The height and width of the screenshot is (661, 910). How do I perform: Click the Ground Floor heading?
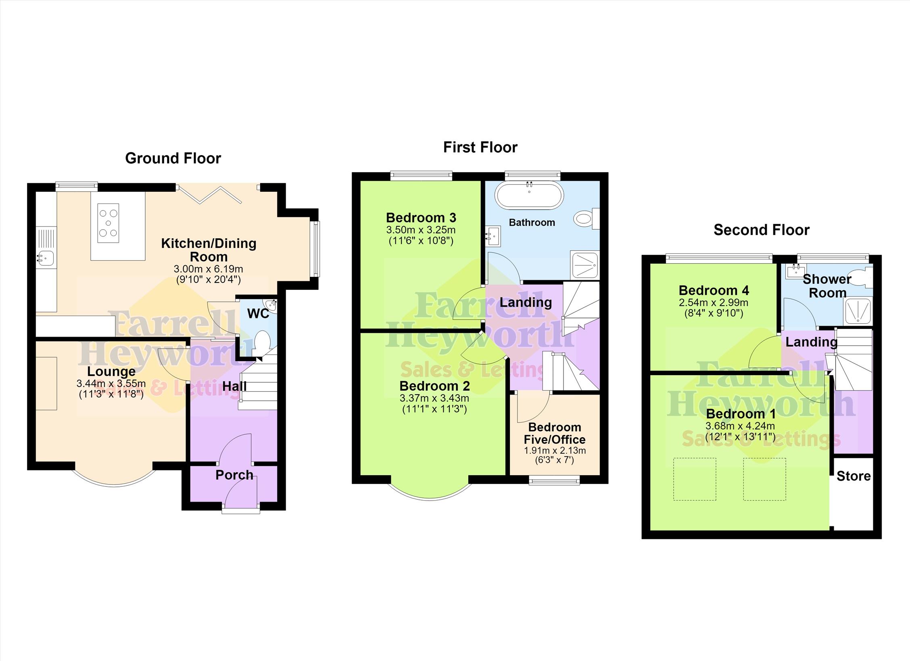pos(173,158)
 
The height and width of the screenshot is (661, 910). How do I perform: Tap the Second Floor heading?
pos(762,230)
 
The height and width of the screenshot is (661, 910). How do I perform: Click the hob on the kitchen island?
pos(108,223)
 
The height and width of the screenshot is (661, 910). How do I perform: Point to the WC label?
pos(258,313)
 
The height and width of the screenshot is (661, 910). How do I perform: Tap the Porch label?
pos(234,475)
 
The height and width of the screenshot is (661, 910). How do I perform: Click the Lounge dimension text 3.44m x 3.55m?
pos(111,383)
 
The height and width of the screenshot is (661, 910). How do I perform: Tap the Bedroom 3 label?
pos(421,218)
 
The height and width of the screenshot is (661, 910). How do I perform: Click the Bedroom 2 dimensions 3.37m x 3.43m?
pos(434,398)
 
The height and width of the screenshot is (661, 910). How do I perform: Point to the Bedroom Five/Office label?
pos(555,433)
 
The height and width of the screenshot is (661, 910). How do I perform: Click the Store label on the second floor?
pos(854,476)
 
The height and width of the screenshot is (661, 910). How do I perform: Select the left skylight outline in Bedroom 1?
pos(695,479)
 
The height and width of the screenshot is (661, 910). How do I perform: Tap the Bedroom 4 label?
pos(714,290)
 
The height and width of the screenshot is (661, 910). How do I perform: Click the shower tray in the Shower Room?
pos(858,312)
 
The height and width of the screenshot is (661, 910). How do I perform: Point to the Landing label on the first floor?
pos(526,302)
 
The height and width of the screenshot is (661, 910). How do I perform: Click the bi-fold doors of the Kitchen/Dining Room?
pos(209,193)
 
